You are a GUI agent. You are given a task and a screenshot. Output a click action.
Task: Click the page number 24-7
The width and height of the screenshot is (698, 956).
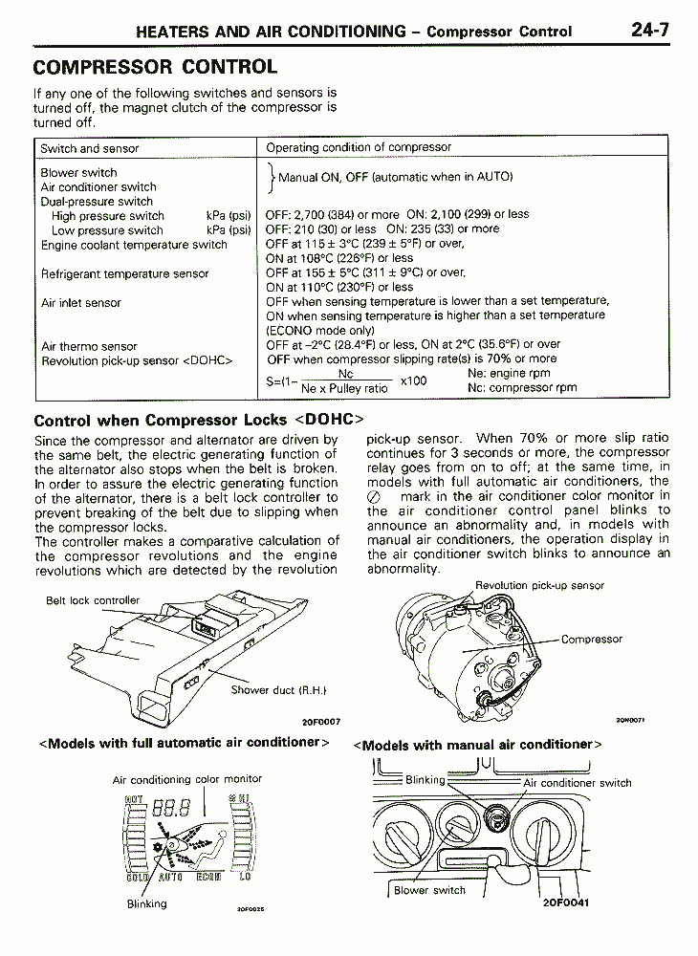(649, 30)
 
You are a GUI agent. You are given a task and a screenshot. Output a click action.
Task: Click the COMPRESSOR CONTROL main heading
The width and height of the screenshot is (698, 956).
(155, 67)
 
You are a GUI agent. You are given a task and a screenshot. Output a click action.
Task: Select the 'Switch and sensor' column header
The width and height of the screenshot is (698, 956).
(89, 148)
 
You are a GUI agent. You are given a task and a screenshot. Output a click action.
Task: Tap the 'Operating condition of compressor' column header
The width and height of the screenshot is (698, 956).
(359, 147)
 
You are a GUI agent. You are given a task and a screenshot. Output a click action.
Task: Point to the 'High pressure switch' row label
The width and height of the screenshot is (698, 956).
(108, 216)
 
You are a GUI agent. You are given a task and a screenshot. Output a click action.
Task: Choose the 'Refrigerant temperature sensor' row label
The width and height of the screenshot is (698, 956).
(124, 273)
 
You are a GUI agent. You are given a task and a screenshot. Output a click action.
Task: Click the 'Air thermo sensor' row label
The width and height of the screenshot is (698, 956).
(89, 346)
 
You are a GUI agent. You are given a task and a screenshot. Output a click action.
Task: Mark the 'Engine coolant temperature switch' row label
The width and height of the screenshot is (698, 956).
(134, 245)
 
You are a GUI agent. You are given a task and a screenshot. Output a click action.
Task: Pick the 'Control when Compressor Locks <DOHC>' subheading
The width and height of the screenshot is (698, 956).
(199, 420)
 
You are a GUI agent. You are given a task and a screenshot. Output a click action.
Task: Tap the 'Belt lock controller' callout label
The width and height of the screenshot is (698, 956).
(93, 600)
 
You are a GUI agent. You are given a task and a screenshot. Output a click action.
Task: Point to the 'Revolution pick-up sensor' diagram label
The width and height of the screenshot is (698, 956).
(539, 585)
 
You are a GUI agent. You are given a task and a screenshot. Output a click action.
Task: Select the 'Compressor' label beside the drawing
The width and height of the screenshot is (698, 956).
(591, 639)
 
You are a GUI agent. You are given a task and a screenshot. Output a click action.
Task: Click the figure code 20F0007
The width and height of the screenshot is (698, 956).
(321, 722)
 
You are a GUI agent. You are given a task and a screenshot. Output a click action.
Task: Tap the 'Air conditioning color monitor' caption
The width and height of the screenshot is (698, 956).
(187, 779)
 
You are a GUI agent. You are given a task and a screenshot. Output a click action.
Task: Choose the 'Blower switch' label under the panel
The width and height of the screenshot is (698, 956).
(429, 890)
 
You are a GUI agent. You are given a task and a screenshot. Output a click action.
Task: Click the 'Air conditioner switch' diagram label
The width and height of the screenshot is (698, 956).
(578, 783)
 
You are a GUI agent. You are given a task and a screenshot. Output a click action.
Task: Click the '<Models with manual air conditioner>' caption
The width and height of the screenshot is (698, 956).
(478, 744)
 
